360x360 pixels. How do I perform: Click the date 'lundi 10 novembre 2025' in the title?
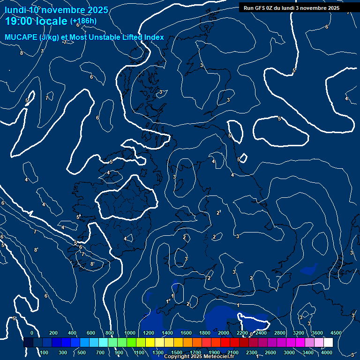[x=56, y=10]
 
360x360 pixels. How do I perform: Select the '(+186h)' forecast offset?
[x=83, y=21]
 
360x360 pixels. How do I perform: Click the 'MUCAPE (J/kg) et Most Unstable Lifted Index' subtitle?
[x=84, y=37]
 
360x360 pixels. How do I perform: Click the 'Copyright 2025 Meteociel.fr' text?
[x=199, y=357]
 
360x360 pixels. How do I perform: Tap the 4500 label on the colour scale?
[x=336, y=333]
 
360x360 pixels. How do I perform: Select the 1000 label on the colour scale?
[x=130, y=333]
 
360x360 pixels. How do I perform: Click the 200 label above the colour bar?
[x=53, y=333]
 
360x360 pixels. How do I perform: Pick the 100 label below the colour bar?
[x=44, y=352]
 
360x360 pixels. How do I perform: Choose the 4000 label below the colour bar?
[x=327, y=352]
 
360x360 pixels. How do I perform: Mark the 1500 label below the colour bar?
[x=177, y=352]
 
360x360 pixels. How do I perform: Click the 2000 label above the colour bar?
[x=224, y=333]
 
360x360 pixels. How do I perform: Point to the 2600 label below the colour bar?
[x=270, y=352]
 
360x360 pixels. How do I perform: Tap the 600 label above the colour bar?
[x=91, y=333]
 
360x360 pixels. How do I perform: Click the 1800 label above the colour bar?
[x=205, y=333]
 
